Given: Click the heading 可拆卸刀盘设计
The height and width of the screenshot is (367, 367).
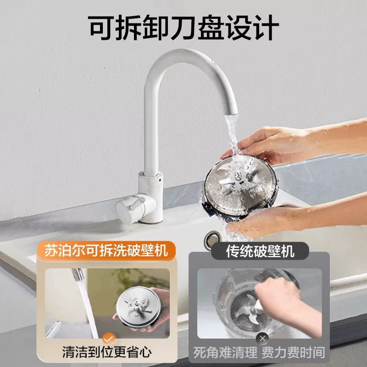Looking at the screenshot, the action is [184, 28].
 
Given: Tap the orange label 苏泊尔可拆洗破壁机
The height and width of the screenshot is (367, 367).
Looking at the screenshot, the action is [106, 250].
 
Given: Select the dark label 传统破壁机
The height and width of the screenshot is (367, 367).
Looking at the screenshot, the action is [260, 251].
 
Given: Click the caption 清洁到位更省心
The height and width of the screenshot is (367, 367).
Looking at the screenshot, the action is [107, 352].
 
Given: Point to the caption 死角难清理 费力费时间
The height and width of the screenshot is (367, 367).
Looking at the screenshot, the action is [259, 352].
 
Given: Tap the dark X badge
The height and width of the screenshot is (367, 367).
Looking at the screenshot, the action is [262, 339].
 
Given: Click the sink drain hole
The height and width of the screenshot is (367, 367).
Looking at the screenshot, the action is [212, 239].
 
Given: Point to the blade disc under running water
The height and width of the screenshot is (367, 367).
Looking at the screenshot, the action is [240, 188].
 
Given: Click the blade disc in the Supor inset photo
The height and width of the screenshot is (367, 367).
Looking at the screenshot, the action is [139, 306].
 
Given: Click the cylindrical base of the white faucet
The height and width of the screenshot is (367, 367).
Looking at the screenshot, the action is [150, 197].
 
